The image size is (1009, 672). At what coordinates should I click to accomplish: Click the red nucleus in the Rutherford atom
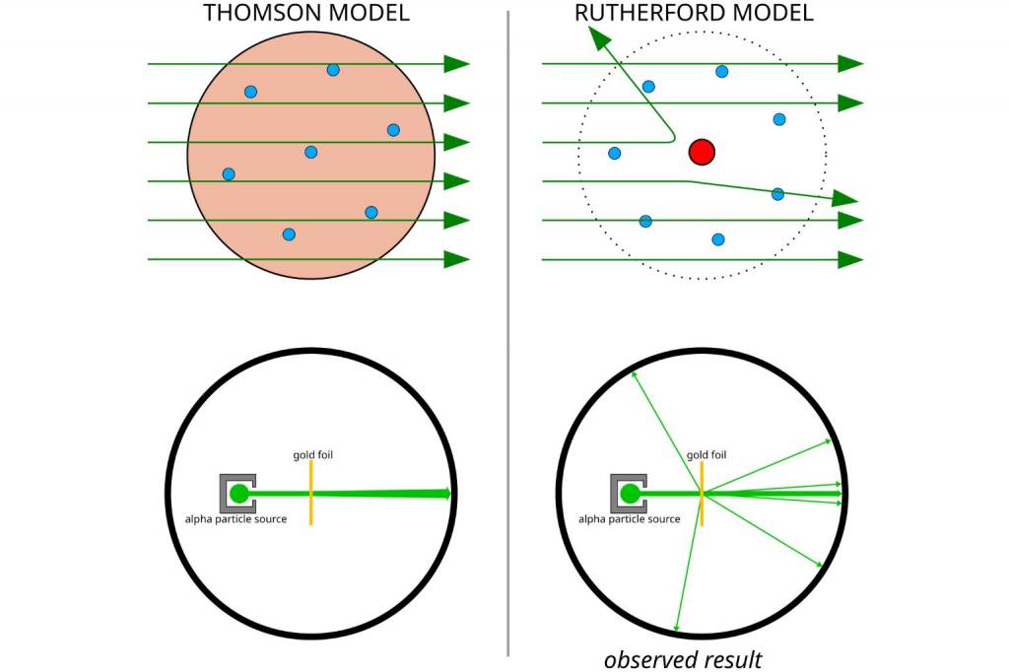pyautogui.click(x=702, y=152)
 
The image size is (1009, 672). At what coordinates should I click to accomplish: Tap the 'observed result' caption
pyautogui.click(x=683, y=659)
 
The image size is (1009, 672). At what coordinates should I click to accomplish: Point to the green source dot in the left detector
pyautogui.click(x=238, y=494)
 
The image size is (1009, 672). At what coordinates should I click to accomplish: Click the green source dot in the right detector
pyautogui.click(x=630, y=493)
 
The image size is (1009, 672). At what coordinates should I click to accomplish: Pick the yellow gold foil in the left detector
pyautogui.click(x=310, y=493)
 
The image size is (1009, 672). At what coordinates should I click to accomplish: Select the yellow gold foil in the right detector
pyautogui.click(x=702, y=493)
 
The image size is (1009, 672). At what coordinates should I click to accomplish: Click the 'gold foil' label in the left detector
pyautogui.click(x=313, y=455)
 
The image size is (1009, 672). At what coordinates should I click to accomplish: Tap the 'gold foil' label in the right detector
pyautogui.click(x=706, y=455)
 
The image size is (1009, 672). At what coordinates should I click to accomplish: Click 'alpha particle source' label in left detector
pyautogui.click(x=236, y=519)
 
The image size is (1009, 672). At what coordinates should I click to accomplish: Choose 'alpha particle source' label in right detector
pyautogui.click(x=629, y=519)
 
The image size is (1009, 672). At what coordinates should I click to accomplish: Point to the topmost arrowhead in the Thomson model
pyautogui.click(x=456, y=64)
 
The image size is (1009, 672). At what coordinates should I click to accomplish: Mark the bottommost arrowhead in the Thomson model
pyautogui.click(x=456, y=259)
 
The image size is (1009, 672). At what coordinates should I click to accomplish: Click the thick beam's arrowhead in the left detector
pyautogui.click(x=446, y=494)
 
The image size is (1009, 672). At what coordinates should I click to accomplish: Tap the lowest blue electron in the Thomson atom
pyautogui.click(x=289, y=235)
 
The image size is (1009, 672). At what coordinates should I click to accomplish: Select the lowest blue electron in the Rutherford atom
pyautogui.click(x=718, y=239)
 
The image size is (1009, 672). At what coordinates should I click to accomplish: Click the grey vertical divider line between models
pyautogui.click(x=508, y=335)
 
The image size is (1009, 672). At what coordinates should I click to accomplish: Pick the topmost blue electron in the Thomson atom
pyautogui.click(x=333, y=70)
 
